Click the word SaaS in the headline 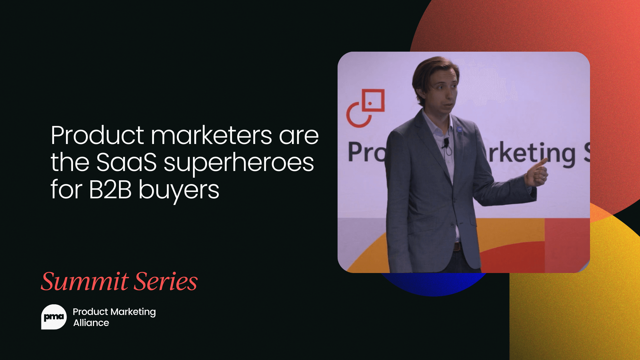[x=126, y=163]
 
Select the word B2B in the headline [x=110, y=190]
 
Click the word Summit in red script [x=85, y=281]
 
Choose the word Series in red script [x=166, y=281]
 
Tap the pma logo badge [x=54, y=317]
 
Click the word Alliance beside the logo [x=91, y=323]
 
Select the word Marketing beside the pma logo [x=133, y=312]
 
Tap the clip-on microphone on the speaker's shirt [x=446, y=143]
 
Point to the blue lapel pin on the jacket [x=459, y=129]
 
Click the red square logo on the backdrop [x=373, y=100]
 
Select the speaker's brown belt [x=457, y=247]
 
